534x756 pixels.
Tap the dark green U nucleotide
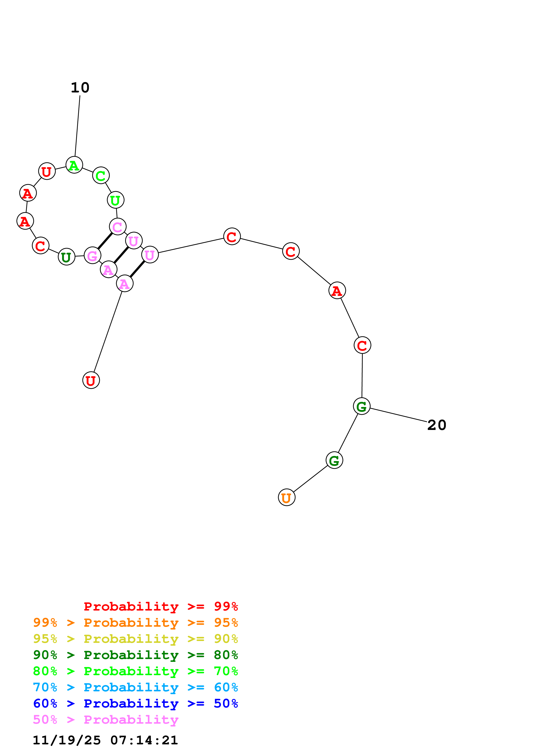(x=67, y=257)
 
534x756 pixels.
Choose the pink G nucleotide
(x=92, y=256)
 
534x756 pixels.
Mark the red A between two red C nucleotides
(x=337, y=291)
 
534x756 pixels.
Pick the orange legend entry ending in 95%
(x=135, y=623)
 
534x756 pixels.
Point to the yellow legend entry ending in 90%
(x=135, y=639)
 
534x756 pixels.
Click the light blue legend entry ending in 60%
(x=135, y=687)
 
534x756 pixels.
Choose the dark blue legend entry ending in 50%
(x=135, y=703)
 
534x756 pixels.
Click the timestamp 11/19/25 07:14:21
(x=105, y=740)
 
